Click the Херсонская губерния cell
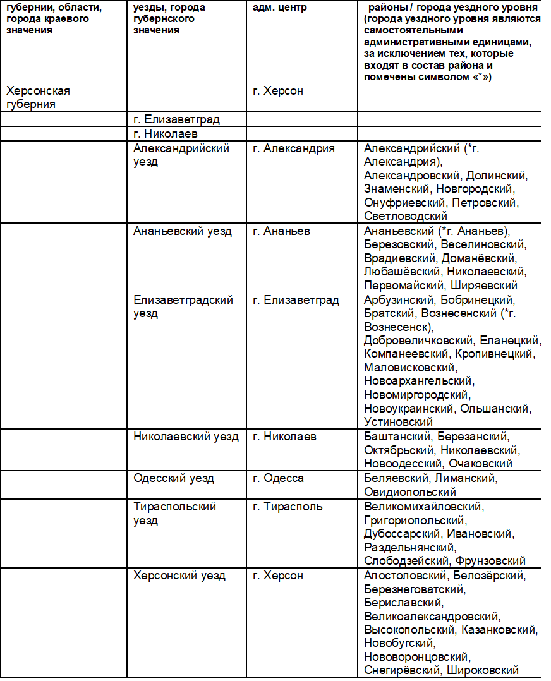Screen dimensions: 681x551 coord(38,97)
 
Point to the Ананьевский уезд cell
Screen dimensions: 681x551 coord(183,231)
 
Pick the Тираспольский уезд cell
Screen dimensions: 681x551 coord(174,513)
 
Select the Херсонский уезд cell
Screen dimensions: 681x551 coord(179,576)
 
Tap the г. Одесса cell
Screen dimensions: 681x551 coord(278,478)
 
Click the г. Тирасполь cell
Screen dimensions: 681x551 coord(288,507)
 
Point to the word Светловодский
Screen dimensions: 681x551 coord(406,216)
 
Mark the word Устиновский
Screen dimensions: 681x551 coord(398,422)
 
